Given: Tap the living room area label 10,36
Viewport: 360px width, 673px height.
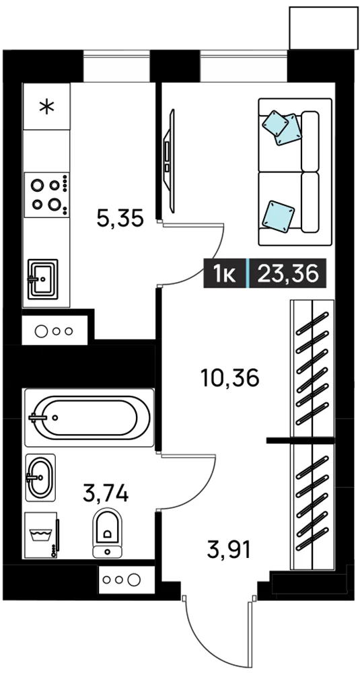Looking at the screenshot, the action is [229, 378].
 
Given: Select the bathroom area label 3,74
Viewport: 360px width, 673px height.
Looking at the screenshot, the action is [106, 493].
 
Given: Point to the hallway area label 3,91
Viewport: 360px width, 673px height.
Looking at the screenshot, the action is [228, 550].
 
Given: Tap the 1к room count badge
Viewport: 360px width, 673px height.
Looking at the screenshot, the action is [225, 273].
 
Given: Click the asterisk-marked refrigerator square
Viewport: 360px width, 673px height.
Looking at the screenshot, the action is [46, 106].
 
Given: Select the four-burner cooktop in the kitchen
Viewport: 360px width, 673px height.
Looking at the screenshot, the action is [46, 195].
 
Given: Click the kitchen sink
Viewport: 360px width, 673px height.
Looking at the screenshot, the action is [42, 279].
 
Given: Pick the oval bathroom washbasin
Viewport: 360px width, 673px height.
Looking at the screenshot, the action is [40, 477].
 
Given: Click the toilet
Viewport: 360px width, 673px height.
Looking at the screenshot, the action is [107, 532].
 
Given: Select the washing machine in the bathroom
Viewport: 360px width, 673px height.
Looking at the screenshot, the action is [42, 535].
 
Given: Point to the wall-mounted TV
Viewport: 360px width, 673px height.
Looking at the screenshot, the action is [170, 161].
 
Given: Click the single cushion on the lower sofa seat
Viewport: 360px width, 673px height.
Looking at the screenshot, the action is [278, 215].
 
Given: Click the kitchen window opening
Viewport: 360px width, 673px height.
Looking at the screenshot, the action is [116, 66].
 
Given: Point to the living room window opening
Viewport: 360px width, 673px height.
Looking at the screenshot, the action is [244, 66].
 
